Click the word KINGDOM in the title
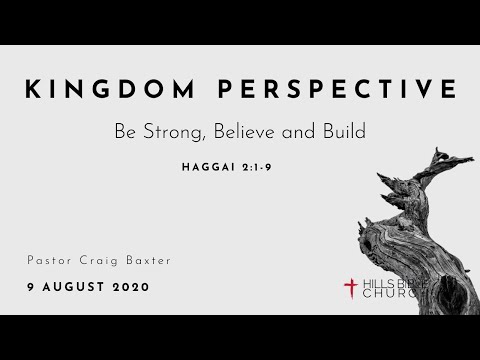(x=112, y=90)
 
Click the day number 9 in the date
(x=32, y=286)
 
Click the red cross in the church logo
(x=350, y=288)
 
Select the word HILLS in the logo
(x=374, y=283)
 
